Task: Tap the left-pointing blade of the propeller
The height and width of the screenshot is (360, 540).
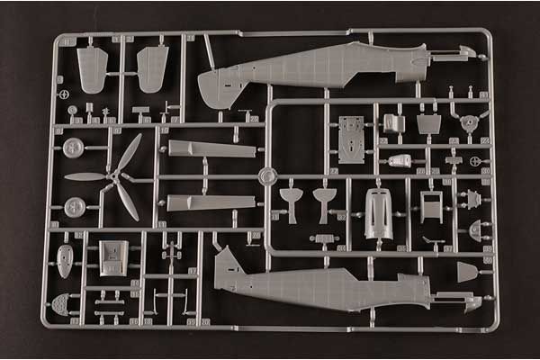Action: pyautogui.click(x=83, y=176)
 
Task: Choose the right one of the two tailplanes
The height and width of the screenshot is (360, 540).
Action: pyautogui.click(x=152, y=68)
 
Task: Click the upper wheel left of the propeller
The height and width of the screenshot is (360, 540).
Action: pyautogui.click(x=75, y=148)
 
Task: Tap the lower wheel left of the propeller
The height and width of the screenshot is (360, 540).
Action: pyautogui.click(x=75, y=207)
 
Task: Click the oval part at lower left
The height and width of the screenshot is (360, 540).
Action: pyautogui.click(x=65, y=260)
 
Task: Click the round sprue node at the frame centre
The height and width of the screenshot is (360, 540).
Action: pyautogui.click(x=266, y=176)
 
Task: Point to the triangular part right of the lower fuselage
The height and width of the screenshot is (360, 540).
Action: pyautogui.click(x=467, y=271)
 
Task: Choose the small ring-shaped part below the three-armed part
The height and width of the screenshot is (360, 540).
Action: pyautogui.click(x=476, y=161)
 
